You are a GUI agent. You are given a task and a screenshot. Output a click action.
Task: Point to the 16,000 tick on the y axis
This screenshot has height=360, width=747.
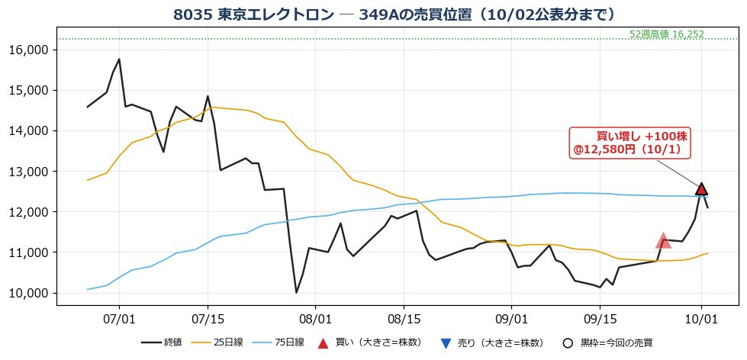click(x=31, y=50)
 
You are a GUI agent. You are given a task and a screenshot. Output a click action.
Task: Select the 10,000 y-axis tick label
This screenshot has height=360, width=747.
click(x=31, y=293)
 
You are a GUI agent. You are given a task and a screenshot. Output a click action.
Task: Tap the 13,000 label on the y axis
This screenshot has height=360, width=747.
click(x=31, y=172)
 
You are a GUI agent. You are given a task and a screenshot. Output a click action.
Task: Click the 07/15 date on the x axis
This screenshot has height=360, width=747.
click(x=208, y=317)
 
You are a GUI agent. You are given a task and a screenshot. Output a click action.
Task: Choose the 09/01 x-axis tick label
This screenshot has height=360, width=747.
click(x=511, y=317)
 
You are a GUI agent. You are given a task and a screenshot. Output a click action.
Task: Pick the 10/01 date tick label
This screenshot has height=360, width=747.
click(x=701, y=317)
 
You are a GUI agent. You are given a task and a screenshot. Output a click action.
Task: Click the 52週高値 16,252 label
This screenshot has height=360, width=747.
click(x=666, y=34)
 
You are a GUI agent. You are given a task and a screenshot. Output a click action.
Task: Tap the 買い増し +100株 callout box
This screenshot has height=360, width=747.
click(x=630, y=143)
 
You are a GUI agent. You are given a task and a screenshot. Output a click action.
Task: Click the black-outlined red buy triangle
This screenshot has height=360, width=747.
click(x=701, y=189)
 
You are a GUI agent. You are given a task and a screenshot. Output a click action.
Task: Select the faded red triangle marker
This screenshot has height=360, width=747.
click(x=663, y=241)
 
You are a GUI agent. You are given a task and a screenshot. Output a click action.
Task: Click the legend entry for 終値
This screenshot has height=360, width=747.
click(x=162, y=342)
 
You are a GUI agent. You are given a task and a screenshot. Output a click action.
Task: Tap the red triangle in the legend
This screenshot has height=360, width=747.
click(x=324, y=343)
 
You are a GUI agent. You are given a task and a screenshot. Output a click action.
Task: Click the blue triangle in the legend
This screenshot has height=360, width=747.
click(x=446, y=343)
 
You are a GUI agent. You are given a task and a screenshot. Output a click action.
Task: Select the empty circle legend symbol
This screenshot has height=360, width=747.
click(x=567, y=343)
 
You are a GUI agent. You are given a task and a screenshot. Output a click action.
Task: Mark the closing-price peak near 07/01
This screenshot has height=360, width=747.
click(x=119, y=59)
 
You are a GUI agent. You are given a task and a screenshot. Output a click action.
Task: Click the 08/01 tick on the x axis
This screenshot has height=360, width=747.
click(x=315, y=317)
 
